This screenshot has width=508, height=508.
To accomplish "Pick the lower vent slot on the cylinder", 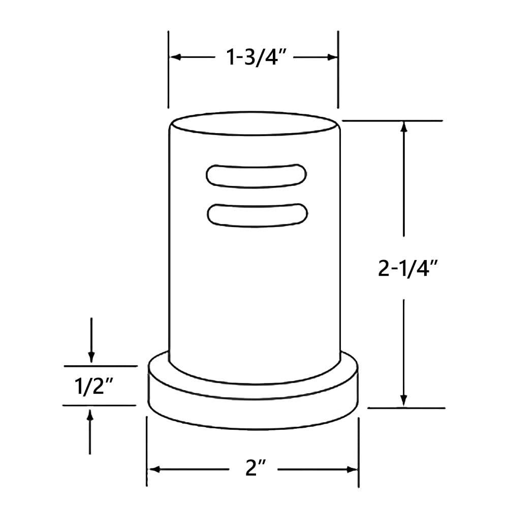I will point(257,213).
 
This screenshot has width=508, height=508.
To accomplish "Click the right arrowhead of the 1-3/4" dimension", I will point(332,57).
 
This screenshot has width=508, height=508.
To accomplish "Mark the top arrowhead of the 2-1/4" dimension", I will point(404,126).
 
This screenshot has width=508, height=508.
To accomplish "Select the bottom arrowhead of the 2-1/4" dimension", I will point(404,401).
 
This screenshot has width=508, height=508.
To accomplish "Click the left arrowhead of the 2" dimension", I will point(153,469).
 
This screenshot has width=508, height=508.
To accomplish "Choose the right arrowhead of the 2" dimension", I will point(353,469).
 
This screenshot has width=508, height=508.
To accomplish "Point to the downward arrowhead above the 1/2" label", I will point(91,357).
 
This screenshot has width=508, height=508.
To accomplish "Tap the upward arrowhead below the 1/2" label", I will point(90,415).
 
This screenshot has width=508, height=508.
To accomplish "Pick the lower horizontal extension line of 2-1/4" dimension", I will point(406,407).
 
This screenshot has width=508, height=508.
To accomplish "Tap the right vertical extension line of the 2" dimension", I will point(359,452).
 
